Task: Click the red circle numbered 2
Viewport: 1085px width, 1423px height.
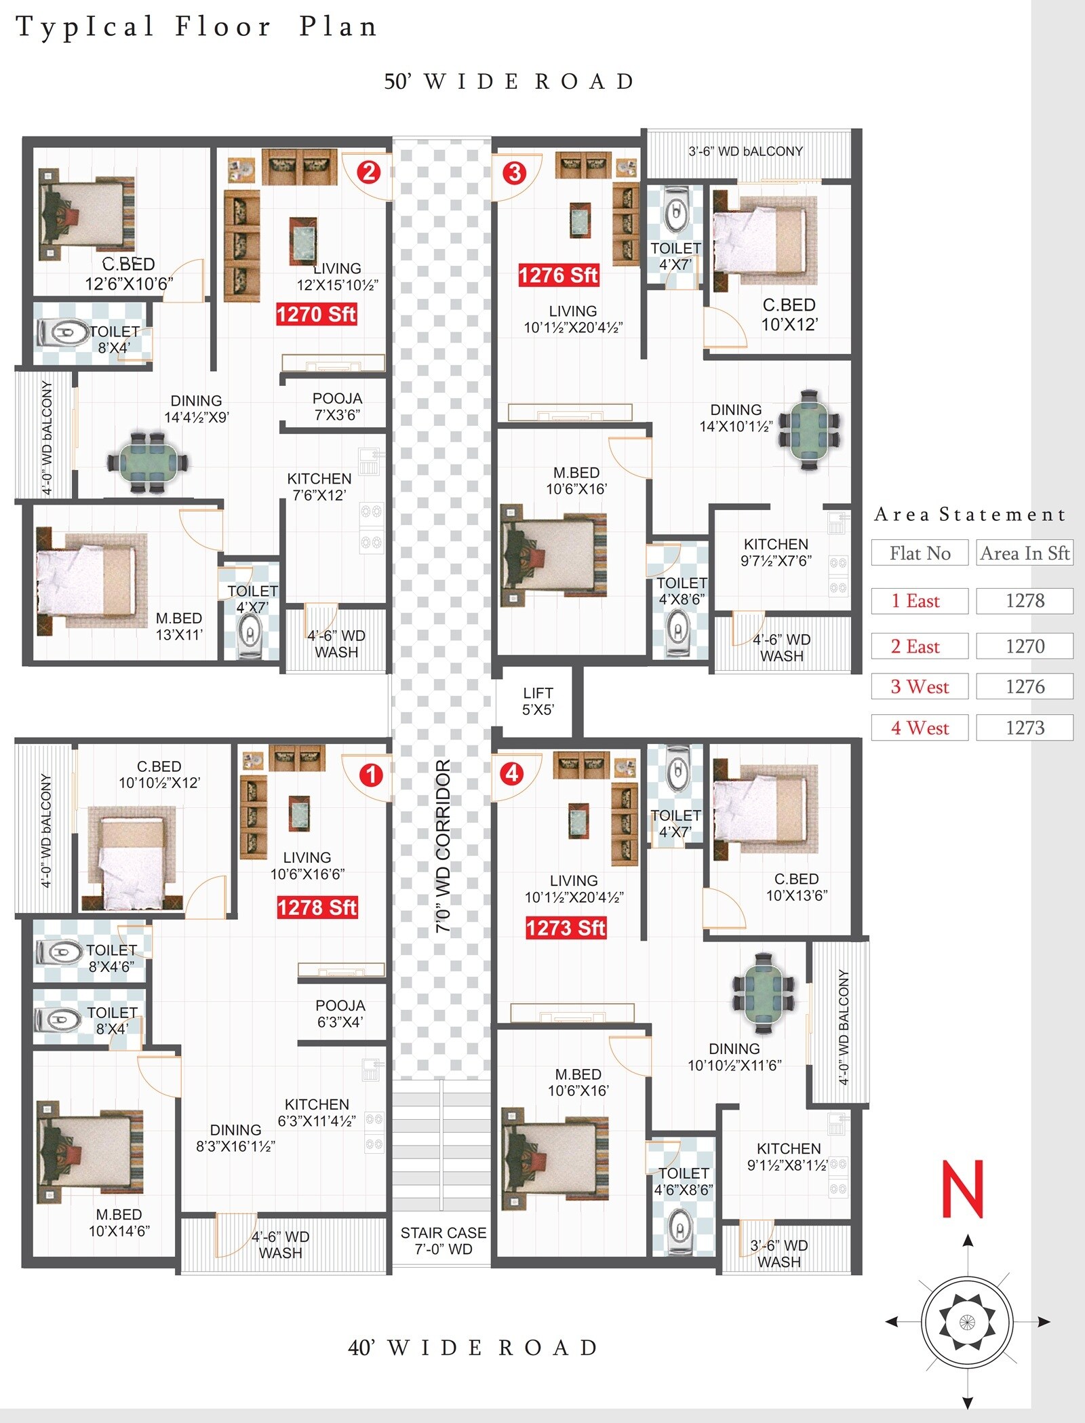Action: [x=368, y=172]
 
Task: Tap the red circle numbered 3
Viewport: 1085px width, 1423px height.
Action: [x=515, y=173]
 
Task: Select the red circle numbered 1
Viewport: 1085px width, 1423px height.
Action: [x=371, y=775]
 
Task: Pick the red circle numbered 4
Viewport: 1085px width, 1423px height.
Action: [x=512, y=773]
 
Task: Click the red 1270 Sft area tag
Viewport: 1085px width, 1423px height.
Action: [x=316, y=314]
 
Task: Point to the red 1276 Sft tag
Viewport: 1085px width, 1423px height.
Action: [x=558, y=275]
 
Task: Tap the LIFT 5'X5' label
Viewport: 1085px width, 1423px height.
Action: [x=538, y=701]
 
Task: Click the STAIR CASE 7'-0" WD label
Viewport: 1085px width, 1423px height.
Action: [x=443, y=1241]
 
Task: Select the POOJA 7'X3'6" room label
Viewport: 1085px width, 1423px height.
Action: [x=337, y=406]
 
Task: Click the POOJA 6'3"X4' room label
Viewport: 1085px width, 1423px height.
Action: [x=340, y=1013]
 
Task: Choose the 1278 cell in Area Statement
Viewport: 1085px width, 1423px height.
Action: [x=1025, y=601]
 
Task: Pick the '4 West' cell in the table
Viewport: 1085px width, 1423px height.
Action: [x=920, y=728]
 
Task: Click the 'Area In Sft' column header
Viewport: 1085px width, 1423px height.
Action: [x=1025, y=553]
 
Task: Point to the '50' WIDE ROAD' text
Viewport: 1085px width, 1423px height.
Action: [x=509, y=81]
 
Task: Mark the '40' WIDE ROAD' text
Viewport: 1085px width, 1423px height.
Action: [x=473, y=1347]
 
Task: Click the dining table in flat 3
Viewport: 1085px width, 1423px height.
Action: [x=809, y=429]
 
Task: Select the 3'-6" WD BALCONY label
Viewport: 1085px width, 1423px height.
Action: [x=745, y=151]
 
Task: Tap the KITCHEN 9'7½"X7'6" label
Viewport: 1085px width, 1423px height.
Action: [x=776, y=552]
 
